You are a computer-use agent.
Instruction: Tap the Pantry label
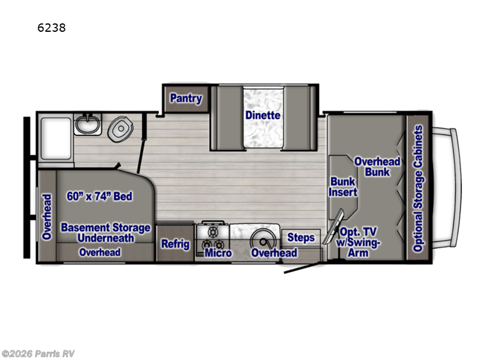(x=185, y=98)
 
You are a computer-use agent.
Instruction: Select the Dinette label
(x=263, y=115)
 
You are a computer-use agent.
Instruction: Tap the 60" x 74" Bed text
(x=100, y=196)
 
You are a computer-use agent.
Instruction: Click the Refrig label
(x=175, y=244)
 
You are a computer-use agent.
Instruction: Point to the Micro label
(x=219, y=253)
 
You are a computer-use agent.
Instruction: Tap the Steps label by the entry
(x=301, y=238)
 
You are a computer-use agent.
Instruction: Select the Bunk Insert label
(x=343, y=187)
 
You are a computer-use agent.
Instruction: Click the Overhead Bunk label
(x=377, y=167)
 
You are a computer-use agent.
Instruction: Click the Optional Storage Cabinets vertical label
(x=418, y=188)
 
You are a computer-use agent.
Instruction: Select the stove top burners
(x=212, y=237)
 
